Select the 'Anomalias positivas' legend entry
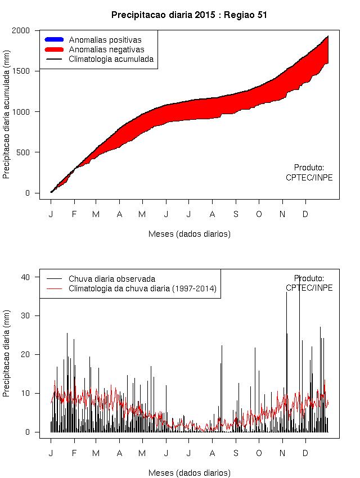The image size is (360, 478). coord(105,40)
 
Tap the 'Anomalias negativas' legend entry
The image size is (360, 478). coord(106,49)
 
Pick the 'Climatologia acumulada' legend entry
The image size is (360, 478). coord(111,59)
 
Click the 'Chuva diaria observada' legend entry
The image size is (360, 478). coord(111,278)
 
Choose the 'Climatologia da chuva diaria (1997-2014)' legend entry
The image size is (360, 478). coord(142,288)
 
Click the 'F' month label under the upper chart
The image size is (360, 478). coord(74,214)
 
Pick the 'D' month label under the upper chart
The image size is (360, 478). coord(305,214)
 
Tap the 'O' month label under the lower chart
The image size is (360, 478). coord(259,453)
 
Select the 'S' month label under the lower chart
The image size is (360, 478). coord(236,453)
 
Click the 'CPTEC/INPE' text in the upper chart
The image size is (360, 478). coord(309,178)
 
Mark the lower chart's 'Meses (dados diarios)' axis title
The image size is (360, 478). coord(190,473)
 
